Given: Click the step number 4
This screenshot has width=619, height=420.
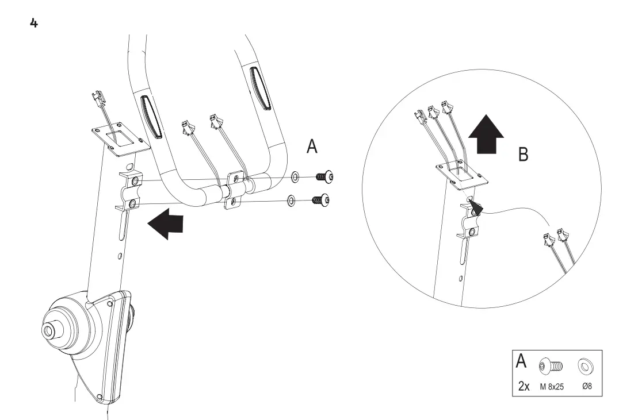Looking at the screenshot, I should tap(34, 24).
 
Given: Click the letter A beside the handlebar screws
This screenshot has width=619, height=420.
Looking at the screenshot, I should tap(312, 147).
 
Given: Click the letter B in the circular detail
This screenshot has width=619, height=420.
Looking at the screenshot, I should tap(523, 154).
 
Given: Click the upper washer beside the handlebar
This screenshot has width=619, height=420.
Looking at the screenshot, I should tap(295, 174).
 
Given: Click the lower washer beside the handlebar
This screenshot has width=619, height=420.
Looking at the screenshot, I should tap(291, 200).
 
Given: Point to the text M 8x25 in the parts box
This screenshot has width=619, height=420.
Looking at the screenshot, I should tap(552, 387).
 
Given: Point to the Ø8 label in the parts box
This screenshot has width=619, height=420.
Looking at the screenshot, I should tap(587, 386).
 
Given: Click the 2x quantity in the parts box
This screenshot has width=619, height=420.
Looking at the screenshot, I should tap(523, 386).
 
